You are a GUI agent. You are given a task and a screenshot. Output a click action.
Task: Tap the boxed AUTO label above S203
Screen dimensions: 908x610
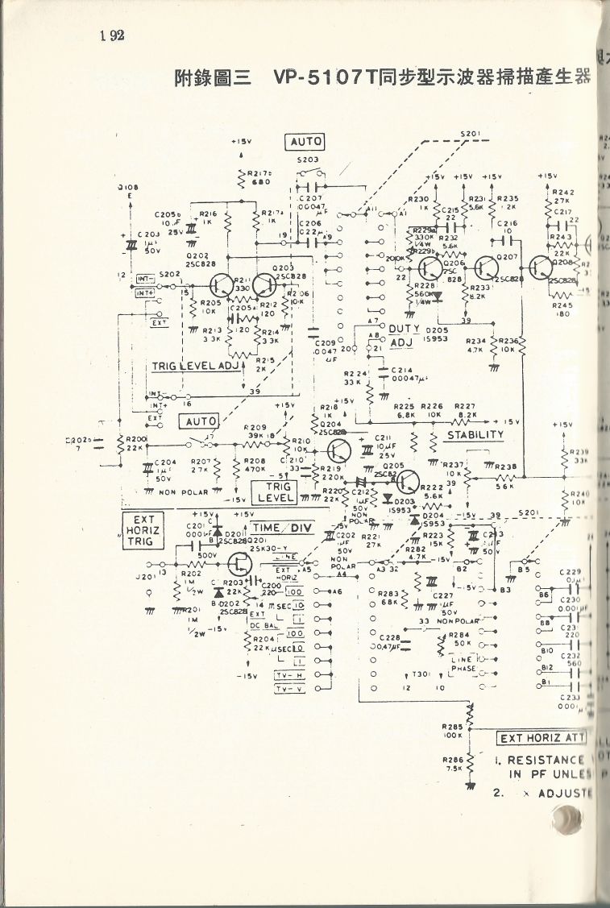tap(305, 142)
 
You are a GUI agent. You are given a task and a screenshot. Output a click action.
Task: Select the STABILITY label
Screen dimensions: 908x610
tap(475, 435)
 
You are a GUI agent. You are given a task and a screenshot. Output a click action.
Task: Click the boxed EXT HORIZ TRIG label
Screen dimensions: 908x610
tap(143, 532)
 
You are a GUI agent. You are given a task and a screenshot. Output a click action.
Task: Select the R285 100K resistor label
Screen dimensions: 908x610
tap(452, 731)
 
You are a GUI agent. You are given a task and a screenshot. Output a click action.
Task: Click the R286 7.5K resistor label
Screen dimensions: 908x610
tap(452, 763)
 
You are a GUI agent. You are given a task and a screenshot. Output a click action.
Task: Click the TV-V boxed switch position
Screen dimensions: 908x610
tap(288, 690)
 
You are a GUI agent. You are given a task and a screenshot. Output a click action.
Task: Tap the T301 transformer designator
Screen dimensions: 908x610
tap(420, 675)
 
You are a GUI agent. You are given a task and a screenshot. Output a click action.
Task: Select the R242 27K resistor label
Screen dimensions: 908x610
tap(561, 197)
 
